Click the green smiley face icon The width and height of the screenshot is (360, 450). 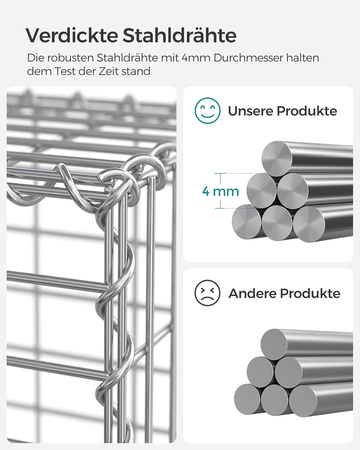[x=207, y=110]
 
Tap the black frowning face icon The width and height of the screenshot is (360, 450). [x=207, y=292]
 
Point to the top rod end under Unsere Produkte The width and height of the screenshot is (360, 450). [x=277, y=158]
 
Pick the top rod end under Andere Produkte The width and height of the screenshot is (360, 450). [x=274, y=344]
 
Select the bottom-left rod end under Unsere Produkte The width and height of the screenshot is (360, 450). [x=246, y=221]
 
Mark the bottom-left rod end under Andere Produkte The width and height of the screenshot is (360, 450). [x=248, y=398]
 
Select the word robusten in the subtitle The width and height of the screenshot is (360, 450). [x=69, y=58]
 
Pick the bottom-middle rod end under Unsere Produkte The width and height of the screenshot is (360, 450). [x=277, y=222]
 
